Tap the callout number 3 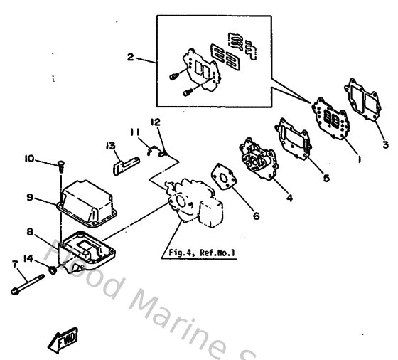pyautogui.click(x=385, y=146)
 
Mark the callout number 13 pyautogui.click(x=111, y=145)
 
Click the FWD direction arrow pyautogui.click(x=62, y=341)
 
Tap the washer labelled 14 pyautogui.click(x=53, y=270)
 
